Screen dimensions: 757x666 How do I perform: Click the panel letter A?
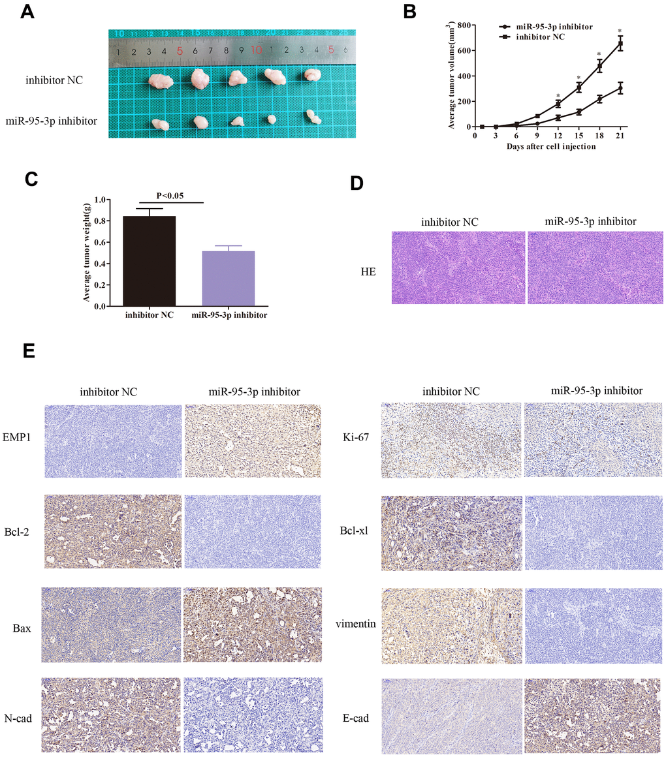[x=28, y=12]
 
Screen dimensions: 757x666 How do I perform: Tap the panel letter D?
[x=357, y=183]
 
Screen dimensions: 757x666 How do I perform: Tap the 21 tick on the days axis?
[x=620, y=136]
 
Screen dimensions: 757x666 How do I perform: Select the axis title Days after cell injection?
[x=550, y=147]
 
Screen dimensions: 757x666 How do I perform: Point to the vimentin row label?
[x=354, y=624]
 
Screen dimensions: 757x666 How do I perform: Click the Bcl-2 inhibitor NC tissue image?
[x=112, y=532]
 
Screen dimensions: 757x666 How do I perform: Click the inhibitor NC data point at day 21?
[x=620, y=44]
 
